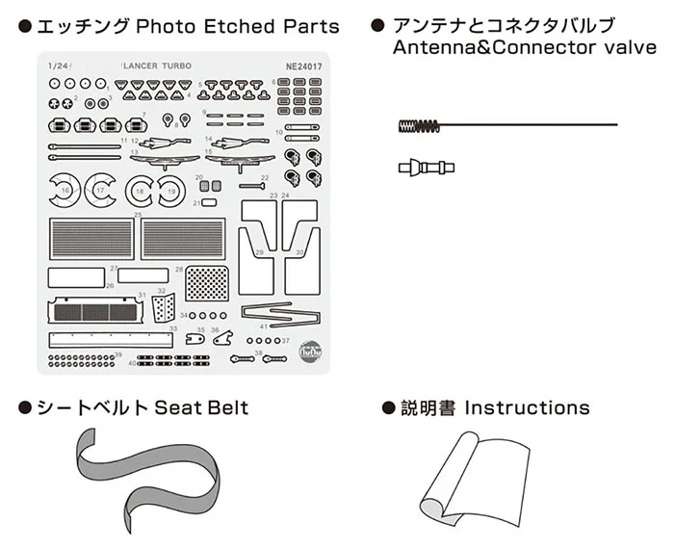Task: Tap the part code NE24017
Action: pos(305,65)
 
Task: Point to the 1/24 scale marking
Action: pos(58,65)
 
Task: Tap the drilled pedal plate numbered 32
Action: pos(164,309)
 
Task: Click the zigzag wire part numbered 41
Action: pos(278,313)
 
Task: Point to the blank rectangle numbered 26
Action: pos(76,275)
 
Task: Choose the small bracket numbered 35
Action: pos(196,339)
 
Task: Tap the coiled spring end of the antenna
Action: pos(413,125)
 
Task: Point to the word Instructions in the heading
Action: pos(527,407)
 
